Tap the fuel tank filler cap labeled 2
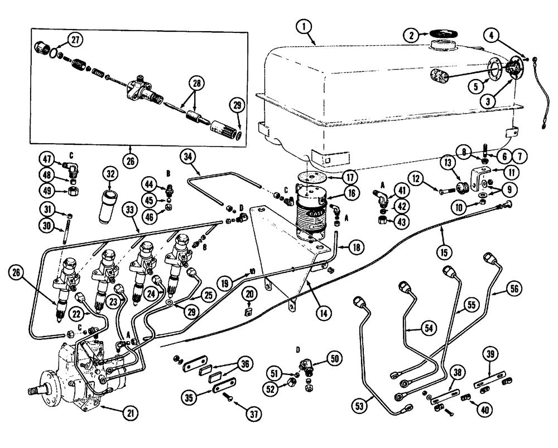(x=444, y=36)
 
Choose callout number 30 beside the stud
(x=47, y=224)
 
